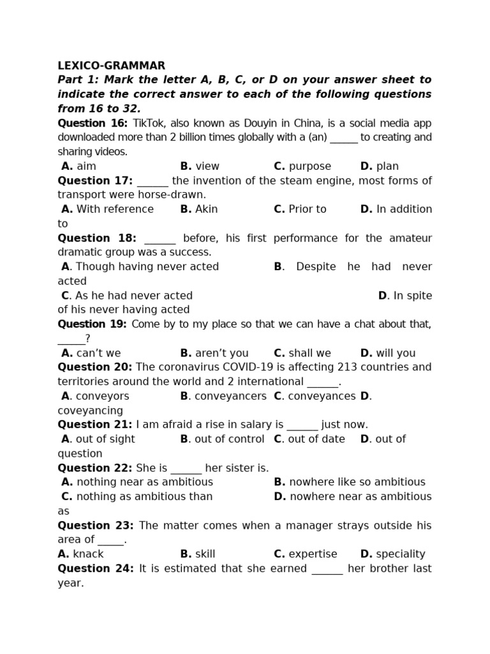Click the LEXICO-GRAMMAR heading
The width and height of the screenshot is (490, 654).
pos(111,66)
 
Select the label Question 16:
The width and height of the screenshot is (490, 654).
pos(93,123)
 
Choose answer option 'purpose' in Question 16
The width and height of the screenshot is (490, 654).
pos(310,167)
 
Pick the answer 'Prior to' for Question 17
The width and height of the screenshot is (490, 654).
pos(307,209)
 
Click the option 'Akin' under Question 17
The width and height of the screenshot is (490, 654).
pos(207,209)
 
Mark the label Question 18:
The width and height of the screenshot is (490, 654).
pos(97,238)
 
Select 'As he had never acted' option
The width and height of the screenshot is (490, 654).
pos(134,296)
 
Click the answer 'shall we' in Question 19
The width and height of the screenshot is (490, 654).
pos(309,353)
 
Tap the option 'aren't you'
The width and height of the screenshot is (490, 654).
pos(221,353)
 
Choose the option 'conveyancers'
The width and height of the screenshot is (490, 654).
pos(230,396)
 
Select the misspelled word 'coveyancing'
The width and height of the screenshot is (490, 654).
pos(90,411)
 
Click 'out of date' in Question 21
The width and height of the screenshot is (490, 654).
pos(316,439)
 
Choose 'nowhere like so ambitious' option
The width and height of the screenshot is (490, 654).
pos(357,482)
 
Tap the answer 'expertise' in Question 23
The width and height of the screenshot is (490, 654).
pos(313,554)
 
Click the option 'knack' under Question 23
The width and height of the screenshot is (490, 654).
pos(88,554)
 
